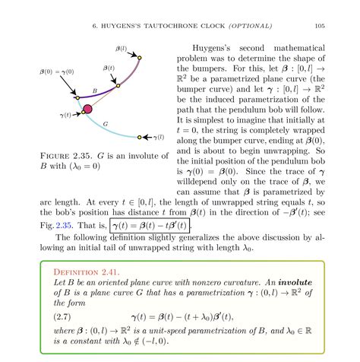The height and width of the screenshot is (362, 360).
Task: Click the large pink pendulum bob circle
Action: click(87, 111)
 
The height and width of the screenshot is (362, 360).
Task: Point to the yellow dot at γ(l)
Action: click(140, 138)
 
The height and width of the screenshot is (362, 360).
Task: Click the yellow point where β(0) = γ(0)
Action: click(77, 97)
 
